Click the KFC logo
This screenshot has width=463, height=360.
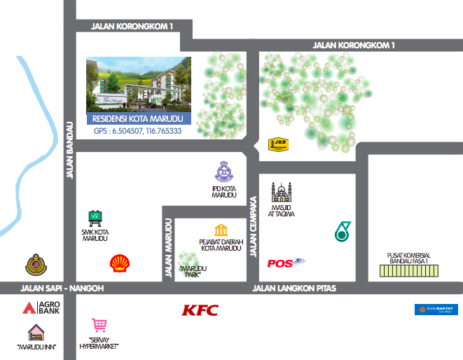pos(200,310)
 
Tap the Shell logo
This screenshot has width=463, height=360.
pos(119,263)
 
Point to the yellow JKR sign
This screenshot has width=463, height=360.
pos(279,145)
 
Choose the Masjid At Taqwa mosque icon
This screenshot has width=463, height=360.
pos(282,191)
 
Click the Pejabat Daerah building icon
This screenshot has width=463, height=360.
pos(221,230)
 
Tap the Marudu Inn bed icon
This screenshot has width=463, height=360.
pos(36,332)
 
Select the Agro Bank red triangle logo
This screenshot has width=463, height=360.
pos(29,307)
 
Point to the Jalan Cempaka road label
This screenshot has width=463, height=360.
pos(254,226)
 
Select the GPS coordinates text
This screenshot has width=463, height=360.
pos(137,131)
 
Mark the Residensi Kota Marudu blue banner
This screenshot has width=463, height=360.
pos(137,119)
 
